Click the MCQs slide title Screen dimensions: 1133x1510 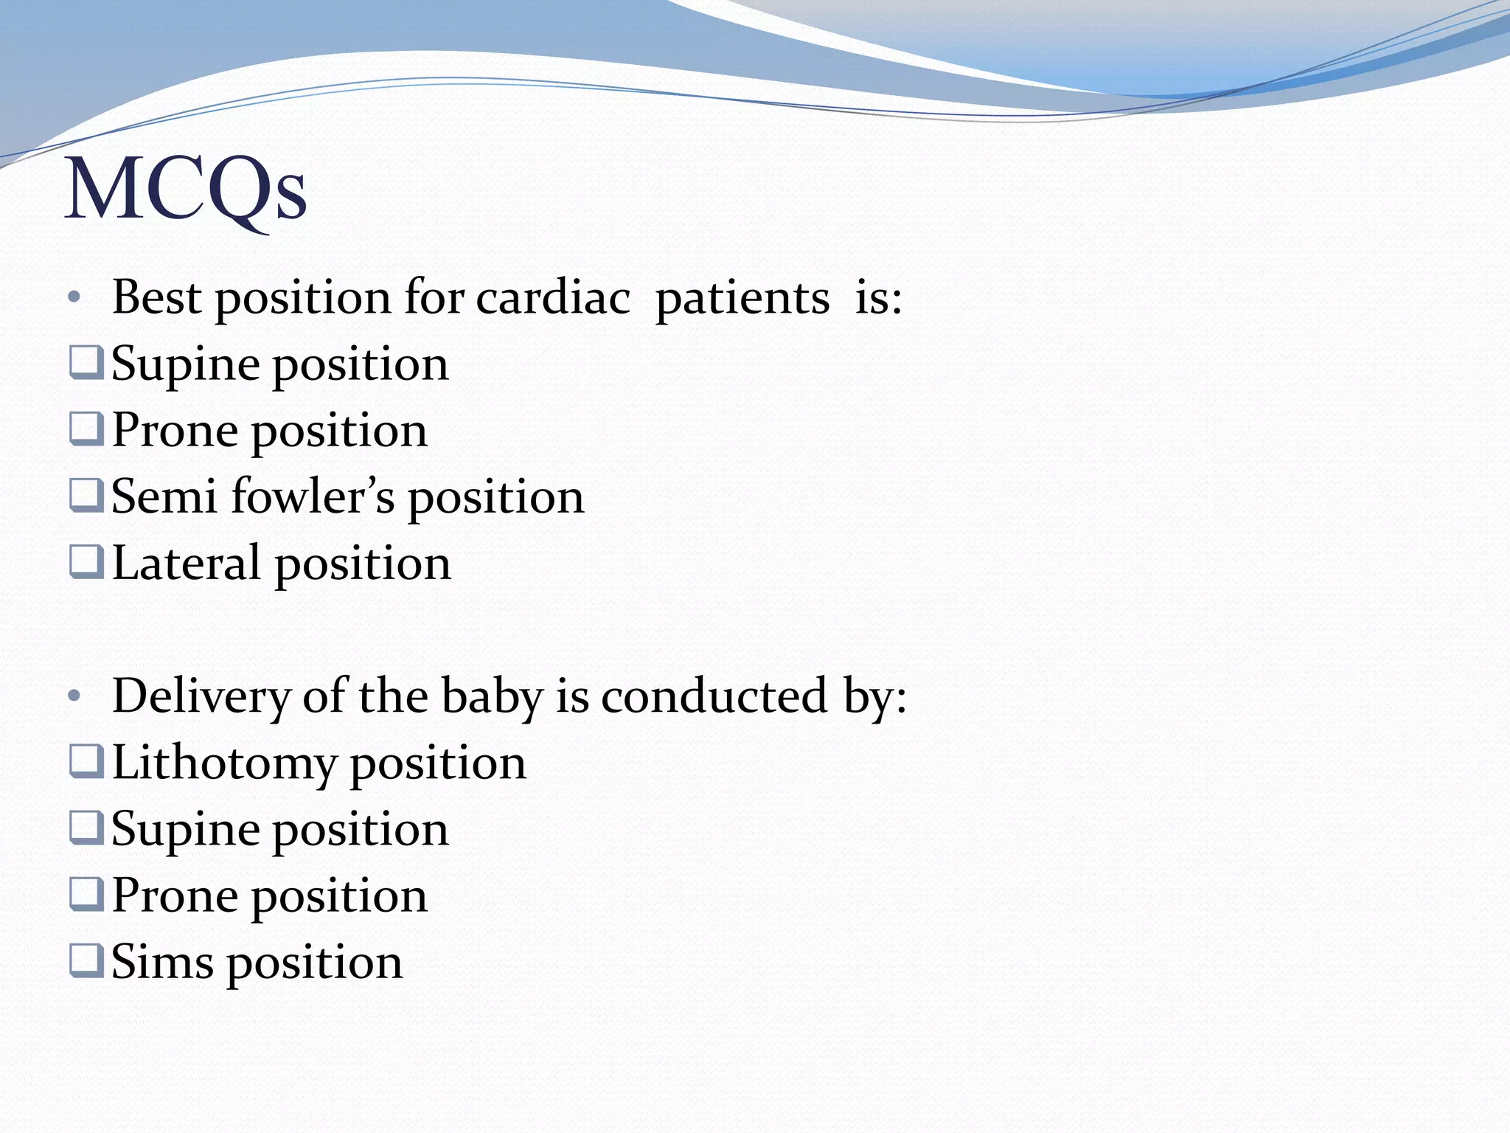coord(186,190)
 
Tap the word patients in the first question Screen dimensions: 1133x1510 coord(742,298)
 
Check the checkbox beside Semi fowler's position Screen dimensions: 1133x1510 coord(86,496)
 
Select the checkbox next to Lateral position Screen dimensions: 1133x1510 coord(86,562)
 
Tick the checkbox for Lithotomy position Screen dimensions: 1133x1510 coord(86,761)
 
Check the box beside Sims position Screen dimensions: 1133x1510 coord(86,960)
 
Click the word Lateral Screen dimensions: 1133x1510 coord(186,564)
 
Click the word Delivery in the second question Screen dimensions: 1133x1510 coord(201,696)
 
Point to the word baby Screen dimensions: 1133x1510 coord(491,696)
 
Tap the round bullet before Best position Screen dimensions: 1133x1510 coord(73,298)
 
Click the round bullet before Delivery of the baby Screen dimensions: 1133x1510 coord(73,696)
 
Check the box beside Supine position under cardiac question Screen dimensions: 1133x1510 coord(86,363)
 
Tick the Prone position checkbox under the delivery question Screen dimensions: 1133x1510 coord(86,894)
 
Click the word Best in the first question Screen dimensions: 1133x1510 coord(156,298)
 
